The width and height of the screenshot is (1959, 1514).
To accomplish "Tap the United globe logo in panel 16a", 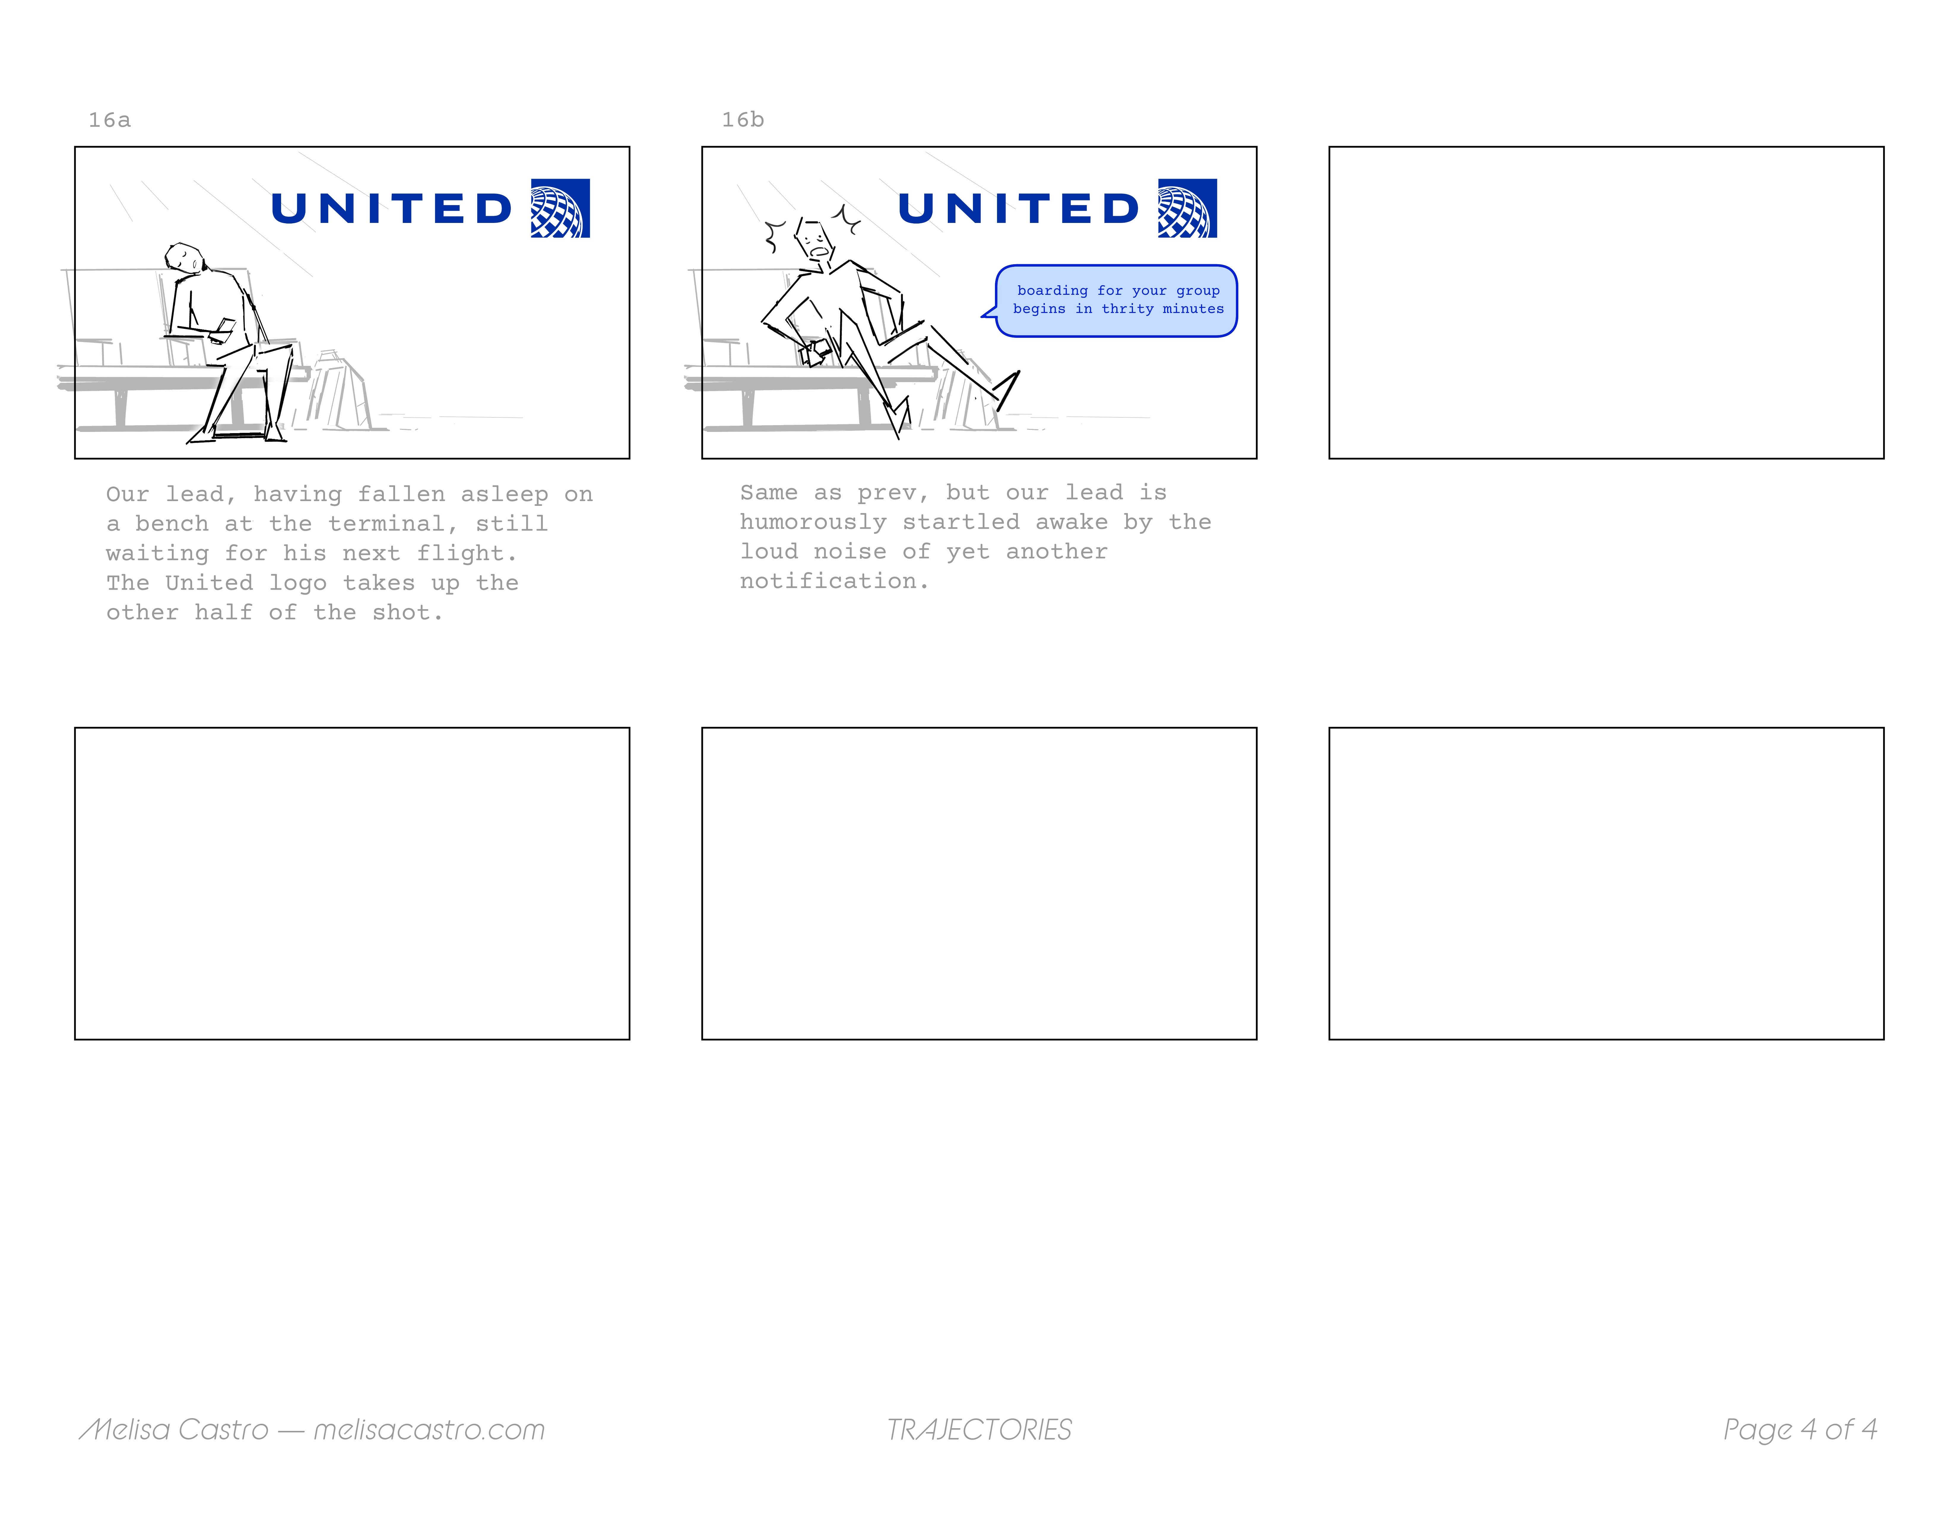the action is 561,208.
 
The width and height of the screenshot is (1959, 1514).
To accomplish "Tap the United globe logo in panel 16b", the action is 1188,208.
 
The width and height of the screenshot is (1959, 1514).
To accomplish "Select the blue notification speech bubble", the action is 1116,300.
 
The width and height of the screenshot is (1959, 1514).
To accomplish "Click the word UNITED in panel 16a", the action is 391,209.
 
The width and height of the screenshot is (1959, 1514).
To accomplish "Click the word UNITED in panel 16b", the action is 1018,209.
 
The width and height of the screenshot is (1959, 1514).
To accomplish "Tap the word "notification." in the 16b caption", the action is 834,581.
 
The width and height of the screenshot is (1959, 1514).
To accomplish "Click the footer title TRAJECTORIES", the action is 979,1429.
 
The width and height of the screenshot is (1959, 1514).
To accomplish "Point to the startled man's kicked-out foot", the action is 1007,390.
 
